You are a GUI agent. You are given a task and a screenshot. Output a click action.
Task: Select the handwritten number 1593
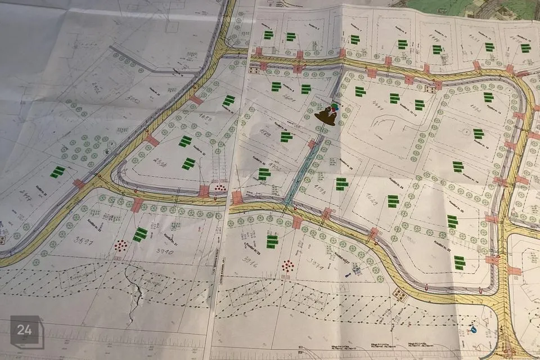coord(319,188)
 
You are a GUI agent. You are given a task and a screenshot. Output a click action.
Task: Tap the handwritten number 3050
coord(133,100)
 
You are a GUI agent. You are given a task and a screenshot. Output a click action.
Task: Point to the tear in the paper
coord(135,292)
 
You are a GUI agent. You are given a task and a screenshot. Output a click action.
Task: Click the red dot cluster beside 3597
coord(121,246)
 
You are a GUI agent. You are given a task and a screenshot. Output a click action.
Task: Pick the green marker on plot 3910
coord(141,234)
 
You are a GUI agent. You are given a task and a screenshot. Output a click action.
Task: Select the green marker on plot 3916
coord(272,241)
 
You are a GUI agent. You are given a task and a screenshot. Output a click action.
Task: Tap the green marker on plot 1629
coord(393,200)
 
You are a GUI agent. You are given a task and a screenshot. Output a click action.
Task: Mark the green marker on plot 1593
coord(341,183)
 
